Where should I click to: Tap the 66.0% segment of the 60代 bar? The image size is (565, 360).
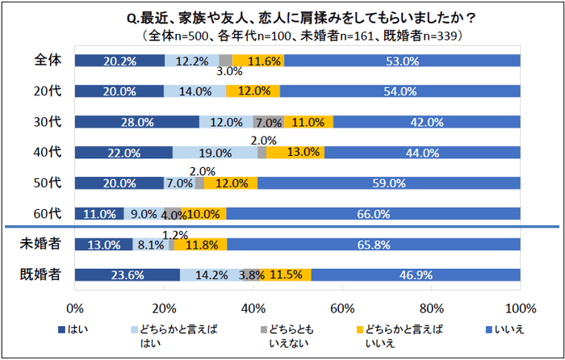point(373,214)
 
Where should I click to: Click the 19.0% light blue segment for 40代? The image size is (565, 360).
point(215,153)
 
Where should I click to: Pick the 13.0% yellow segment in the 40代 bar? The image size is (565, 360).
point(295,153)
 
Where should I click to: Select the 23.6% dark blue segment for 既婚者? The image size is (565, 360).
point(127,275)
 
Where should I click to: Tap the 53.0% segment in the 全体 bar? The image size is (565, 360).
point(401,61)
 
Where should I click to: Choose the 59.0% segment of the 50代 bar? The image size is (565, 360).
point(388,183)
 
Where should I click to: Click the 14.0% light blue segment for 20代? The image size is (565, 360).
point(195,91)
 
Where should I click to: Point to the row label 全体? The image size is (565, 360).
point(48,61)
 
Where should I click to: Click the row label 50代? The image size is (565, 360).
point(48,183)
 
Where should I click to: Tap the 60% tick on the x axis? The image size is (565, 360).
point(343,308)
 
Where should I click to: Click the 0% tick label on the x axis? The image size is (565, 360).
point(75,308)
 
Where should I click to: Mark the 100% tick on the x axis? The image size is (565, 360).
point(520,308)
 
